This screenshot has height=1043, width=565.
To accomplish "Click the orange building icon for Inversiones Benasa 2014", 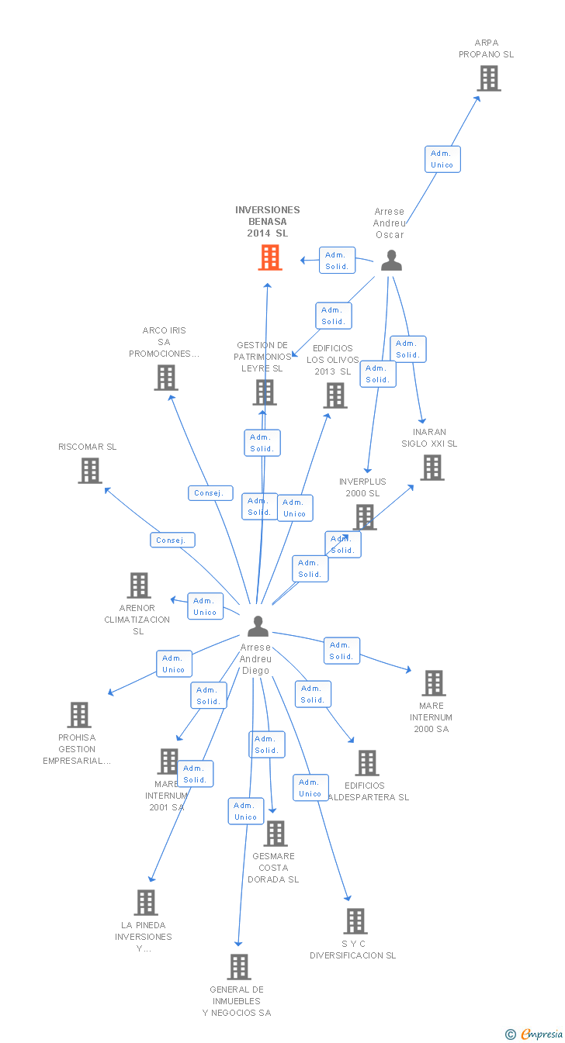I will coord(270,257).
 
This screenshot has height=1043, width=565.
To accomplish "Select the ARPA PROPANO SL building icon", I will coord(489,78).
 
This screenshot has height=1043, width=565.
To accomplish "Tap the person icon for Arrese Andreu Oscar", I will coord(391,261).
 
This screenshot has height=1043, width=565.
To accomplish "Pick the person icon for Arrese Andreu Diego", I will coord(258,626).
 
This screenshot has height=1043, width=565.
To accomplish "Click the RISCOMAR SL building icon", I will coord(90,470).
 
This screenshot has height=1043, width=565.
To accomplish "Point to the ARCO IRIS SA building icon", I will coord(166,378).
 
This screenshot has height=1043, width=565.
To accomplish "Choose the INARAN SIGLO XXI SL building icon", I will coord(432,468).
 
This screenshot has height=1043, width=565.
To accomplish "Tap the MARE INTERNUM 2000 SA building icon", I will coord(434,683).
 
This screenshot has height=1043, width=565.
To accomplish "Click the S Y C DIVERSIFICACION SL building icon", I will coord(355,921).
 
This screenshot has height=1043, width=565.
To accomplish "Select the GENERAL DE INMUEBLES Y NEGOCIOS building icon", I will coord(239,967).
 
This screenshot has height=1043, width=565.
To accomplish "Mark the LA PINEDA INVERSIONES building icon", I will coord(146,903).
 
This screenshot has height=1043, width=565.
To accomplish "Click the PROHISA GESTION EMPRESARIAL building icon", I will coord(79,715).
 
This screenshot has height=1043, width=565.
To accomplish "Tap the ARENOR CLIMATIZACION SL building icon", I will coord(139,585).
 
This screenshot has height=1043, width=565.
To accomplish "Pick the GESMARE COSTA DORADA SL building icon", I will coord(276,834).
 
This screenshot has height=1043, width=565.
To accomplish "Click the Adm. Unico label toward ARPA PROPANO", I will coord(442,159).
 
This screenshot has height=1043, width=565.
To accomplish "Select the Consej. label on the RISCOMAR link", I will coord(172,540).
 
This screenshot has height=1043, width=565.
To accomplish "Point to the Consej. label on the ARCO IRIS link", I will coord(210,492).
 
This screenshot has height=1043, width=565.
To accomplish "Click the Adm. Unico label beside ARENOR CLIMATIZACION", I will coord(205,606).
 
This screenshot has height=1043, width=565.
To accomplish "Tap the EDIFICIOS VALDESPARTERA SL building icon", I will coord(367,763).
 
